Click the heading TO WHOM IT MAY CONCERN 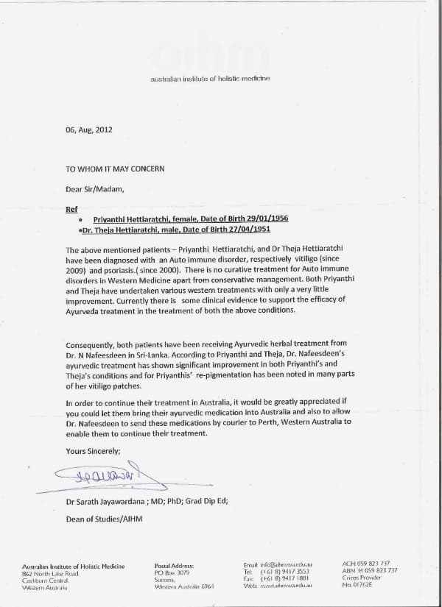coord(115,168)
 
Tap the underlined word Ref coord(71,209)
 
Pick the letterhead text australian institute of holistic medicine coord(211,79)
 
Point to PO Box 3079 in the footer coord(172,572)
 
